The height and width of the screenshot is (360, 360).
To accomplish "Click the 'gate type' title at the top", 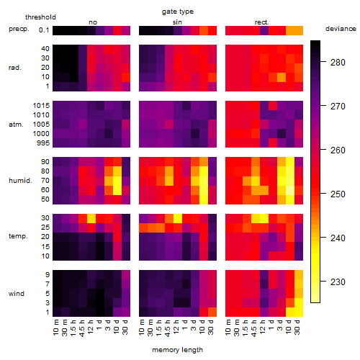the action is pos(178,12).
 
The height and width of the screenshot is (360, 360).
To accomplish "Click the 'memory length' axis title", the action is pos(177,350).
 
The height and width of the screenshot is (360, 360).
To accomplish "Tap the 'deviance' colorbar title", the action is pos(341,29).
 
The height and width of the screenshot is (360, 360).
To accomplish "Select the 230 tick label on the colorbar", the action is pos(338,282).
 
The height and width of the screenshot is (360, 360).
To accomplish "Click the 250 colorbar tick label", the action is pos(338,194).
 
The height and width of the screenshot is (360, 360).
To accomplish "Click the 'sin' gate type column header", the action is pos(177,22).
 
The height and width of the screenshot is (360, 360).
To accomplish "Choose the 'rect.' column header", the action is pos(262,22).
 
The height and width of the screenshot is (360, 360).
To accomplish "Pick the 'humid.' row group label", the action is pos(20,181).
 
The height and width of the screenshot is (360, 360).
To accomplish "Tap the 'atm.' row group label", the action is pos(16,125).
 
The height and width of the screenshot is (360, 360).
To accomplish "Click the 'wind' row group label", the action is pos(17,294).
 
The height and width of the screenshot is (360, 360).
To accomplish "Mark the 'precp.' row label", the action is pos(19,29).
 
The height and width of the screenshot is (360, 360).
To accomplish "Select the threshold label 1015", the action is pos(41,105).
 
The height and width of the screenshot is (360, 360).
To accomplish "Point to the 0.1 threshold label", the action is pos(44,30).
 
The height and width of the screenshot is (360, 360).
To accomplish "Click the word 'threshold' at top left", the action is pos(40,17).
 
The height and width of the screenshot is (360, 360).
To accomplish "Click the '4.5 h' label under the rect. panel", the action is pos(253,328).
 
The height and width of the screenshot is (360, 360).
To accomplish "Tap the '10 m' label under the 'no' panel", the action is pos(55,327).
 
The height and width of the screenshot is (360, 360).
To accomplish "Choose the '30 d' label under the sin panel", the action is pos(210,327).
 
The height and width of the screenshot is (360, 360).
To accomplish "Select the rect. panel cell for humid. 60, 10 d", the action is pos(290,190).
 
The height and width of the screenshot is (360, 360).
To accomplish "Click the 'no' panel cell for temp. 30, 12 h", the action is pos(91,218).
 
